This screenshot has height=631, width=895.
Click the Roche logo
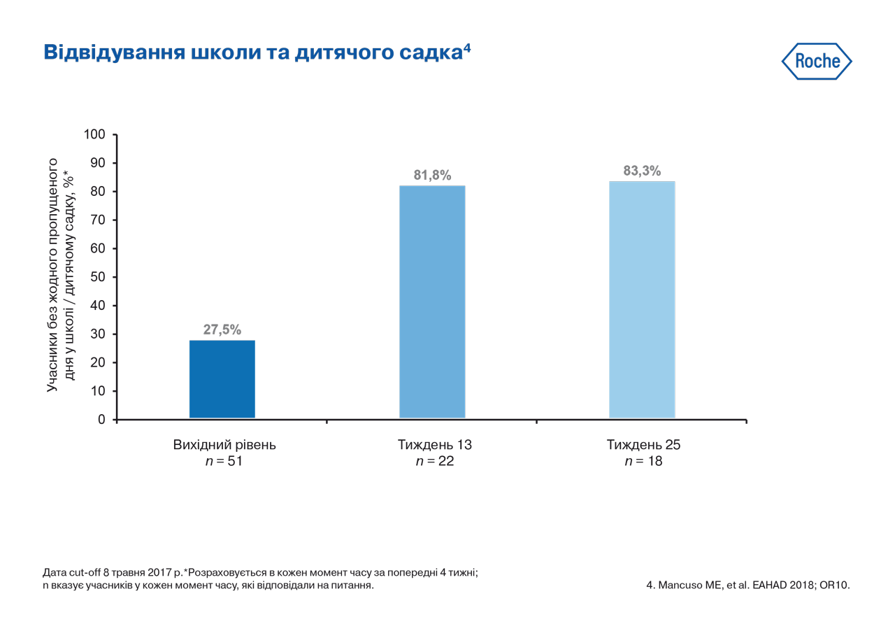pyautogui.click(x=816, y=62)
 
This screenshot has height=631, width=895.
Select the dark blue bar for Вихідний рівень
pyautogui.click(x=222, y=379)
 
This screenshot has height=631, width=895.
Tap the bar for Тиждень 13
pyautogui.click(x=432, y=302)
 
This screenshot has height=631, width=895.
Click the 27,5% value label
pyautogui.click(x=222, y=329)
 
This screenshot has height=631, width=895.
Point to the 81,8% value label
pyautogui.click(x=432, y=175)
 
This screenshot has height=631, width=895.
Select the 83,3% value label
pyautogui.click(x=642, y=171)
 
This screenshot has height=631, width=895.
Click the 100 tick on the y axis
pyautogui.click(x=94, y=134)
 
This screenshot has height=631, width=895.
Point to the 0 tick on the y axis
pyautogui.click(x=102, y=420)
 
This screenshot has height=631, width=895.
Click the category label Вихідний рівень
pyautogui.click(x=224, y=445)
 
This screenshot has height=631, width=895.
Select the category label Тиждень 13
pyautogui.click(x=435, y=445)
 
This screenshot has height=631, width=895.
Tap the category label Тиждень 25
pyautogui.click(x=643, y=445)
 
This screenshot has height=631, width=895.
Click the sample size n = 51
pyautogui.click(x=224, y=462)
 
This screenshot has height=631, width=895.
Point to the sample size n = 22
pyautogui.click(x=435, y=462)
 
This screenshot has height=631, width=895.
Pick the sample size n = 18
pyautogui.click(x=643, y=462)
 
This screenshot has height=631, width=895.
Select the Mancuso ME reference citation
pyautogui.click(x=747, y=585)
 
